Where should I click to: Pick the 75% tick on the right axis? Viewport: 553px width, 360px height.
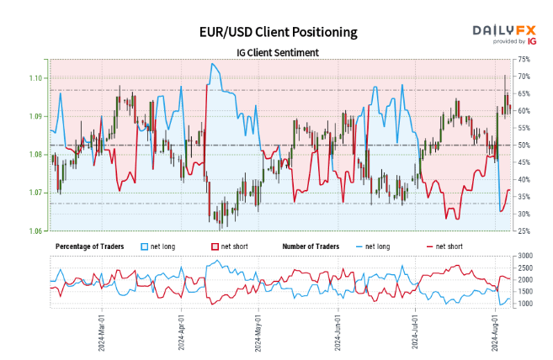coord(524,59)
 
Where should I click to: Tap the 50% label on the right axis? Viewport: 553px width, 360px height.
coord(524,145)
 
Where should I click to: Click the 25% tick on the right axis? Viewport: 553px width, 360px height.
coord(524,231)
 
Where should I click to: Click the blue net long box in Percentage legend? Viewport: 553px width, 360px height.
coord(144,246)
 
